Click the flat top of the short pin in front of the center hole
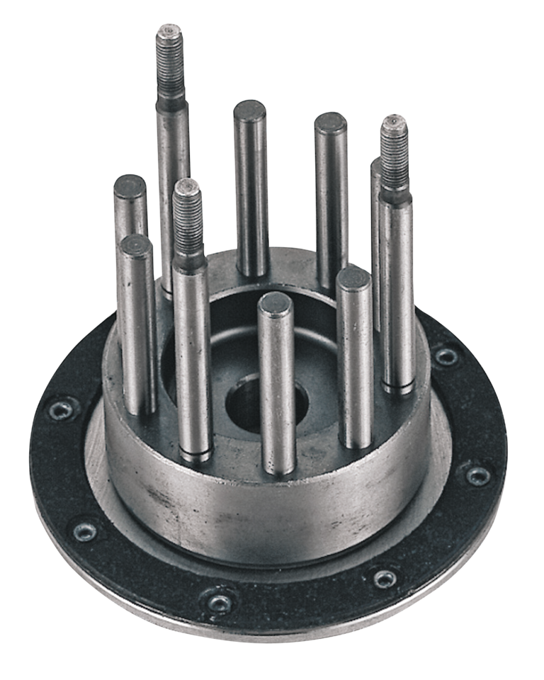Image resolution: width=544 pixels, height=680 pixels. pos(275,305)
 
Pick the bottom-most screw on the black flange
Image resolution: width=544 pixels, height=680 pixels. pos(220,602)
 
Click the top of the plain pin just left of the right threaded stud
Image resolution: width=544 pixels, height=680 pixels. pos(331,123)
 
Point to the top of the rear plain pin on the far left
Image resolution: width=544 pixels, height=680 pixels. pos(129,185)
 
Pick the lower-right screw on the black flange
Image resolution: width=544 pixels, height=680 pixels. pos(385,579)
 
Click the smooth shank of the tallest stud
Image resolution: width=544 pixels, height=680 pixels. pos(173,177)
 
